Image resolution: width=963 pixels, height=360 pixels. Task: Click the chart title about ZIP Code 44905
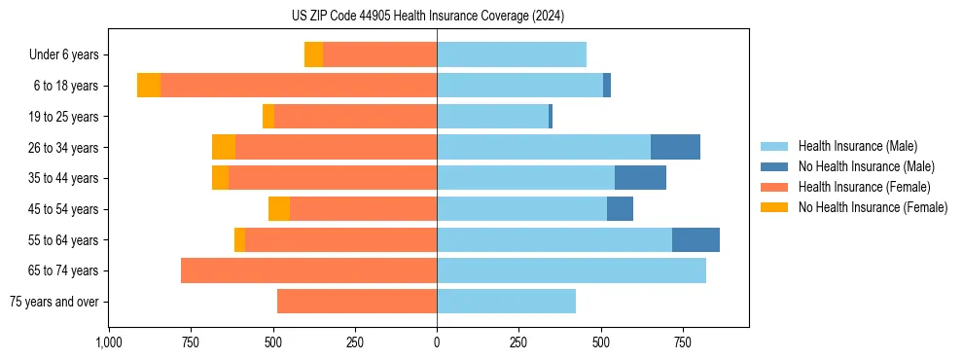click(x=428, y=16)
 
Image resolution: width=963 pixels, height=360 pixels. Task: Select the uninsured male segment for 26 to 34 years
click(x=675, y=147)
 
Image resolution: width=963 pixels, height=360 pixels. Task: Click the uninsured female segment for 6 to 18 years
click(x=149, y=86)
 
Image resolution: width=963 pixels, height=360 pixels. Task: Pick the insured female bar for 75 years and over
click(x=357, y=302)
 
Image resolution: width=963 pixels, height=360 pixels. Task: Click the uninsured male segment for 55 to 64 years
click(x=695, y=239)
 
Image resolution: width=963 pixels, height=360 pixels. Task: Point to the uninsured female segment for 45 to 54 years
click(x=279, y=209)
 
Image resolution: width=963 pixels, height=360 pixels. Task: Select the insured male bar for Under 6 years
click(x=512, y=54)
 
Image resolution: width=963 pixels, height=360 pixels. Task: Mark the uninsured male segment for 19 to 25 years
click(x=551, y=117)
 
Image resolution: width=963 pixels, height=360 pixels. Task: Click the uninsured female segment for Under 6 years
click(x=313, y=54)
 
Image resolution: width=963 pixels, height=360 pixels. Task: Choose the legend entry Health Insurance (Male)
click(x=857, y=146)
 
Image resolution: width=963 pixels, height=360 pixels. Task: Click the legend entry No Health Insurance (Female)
click(x=873, y=207)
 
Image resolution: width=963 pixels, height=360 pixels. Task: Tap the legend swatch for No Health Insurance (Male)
click(x=775, y=166)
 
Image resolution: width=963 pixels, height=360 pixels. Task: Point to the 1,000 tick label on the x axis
click(x=109, y=342)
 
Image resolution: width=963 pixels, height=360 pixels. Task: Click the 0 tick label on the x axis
click(x=437, y=342)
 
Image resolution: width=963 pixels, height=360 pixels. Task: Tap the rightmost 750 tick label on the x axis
click(x=683, y=342)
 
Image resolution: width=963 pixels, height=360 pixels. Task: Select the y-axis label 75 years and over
click(x=54, y=302)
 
